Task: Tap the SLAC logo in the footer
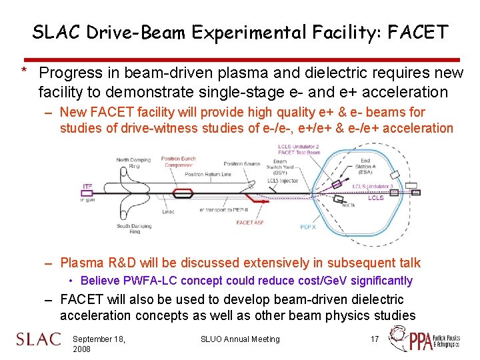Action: [39, 339]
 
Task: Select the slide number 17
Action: [375, 339]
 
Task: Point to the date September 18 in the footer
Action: [99, 339]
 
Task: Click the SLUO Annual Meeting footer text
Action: [240, 339]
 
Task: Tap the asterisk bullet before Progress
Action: [24, 71]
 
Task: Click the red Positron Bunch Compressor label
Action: [179, 163]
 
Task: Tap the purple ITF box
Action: [87, 186]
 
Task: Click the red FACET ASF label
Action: [250, 223]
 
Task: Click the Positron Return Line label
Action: [209, 174]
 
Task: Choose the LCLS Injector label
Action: [282, 180]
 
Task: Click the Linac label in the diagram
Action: [169, 212]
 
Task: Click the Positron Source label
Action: [242, 163]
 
